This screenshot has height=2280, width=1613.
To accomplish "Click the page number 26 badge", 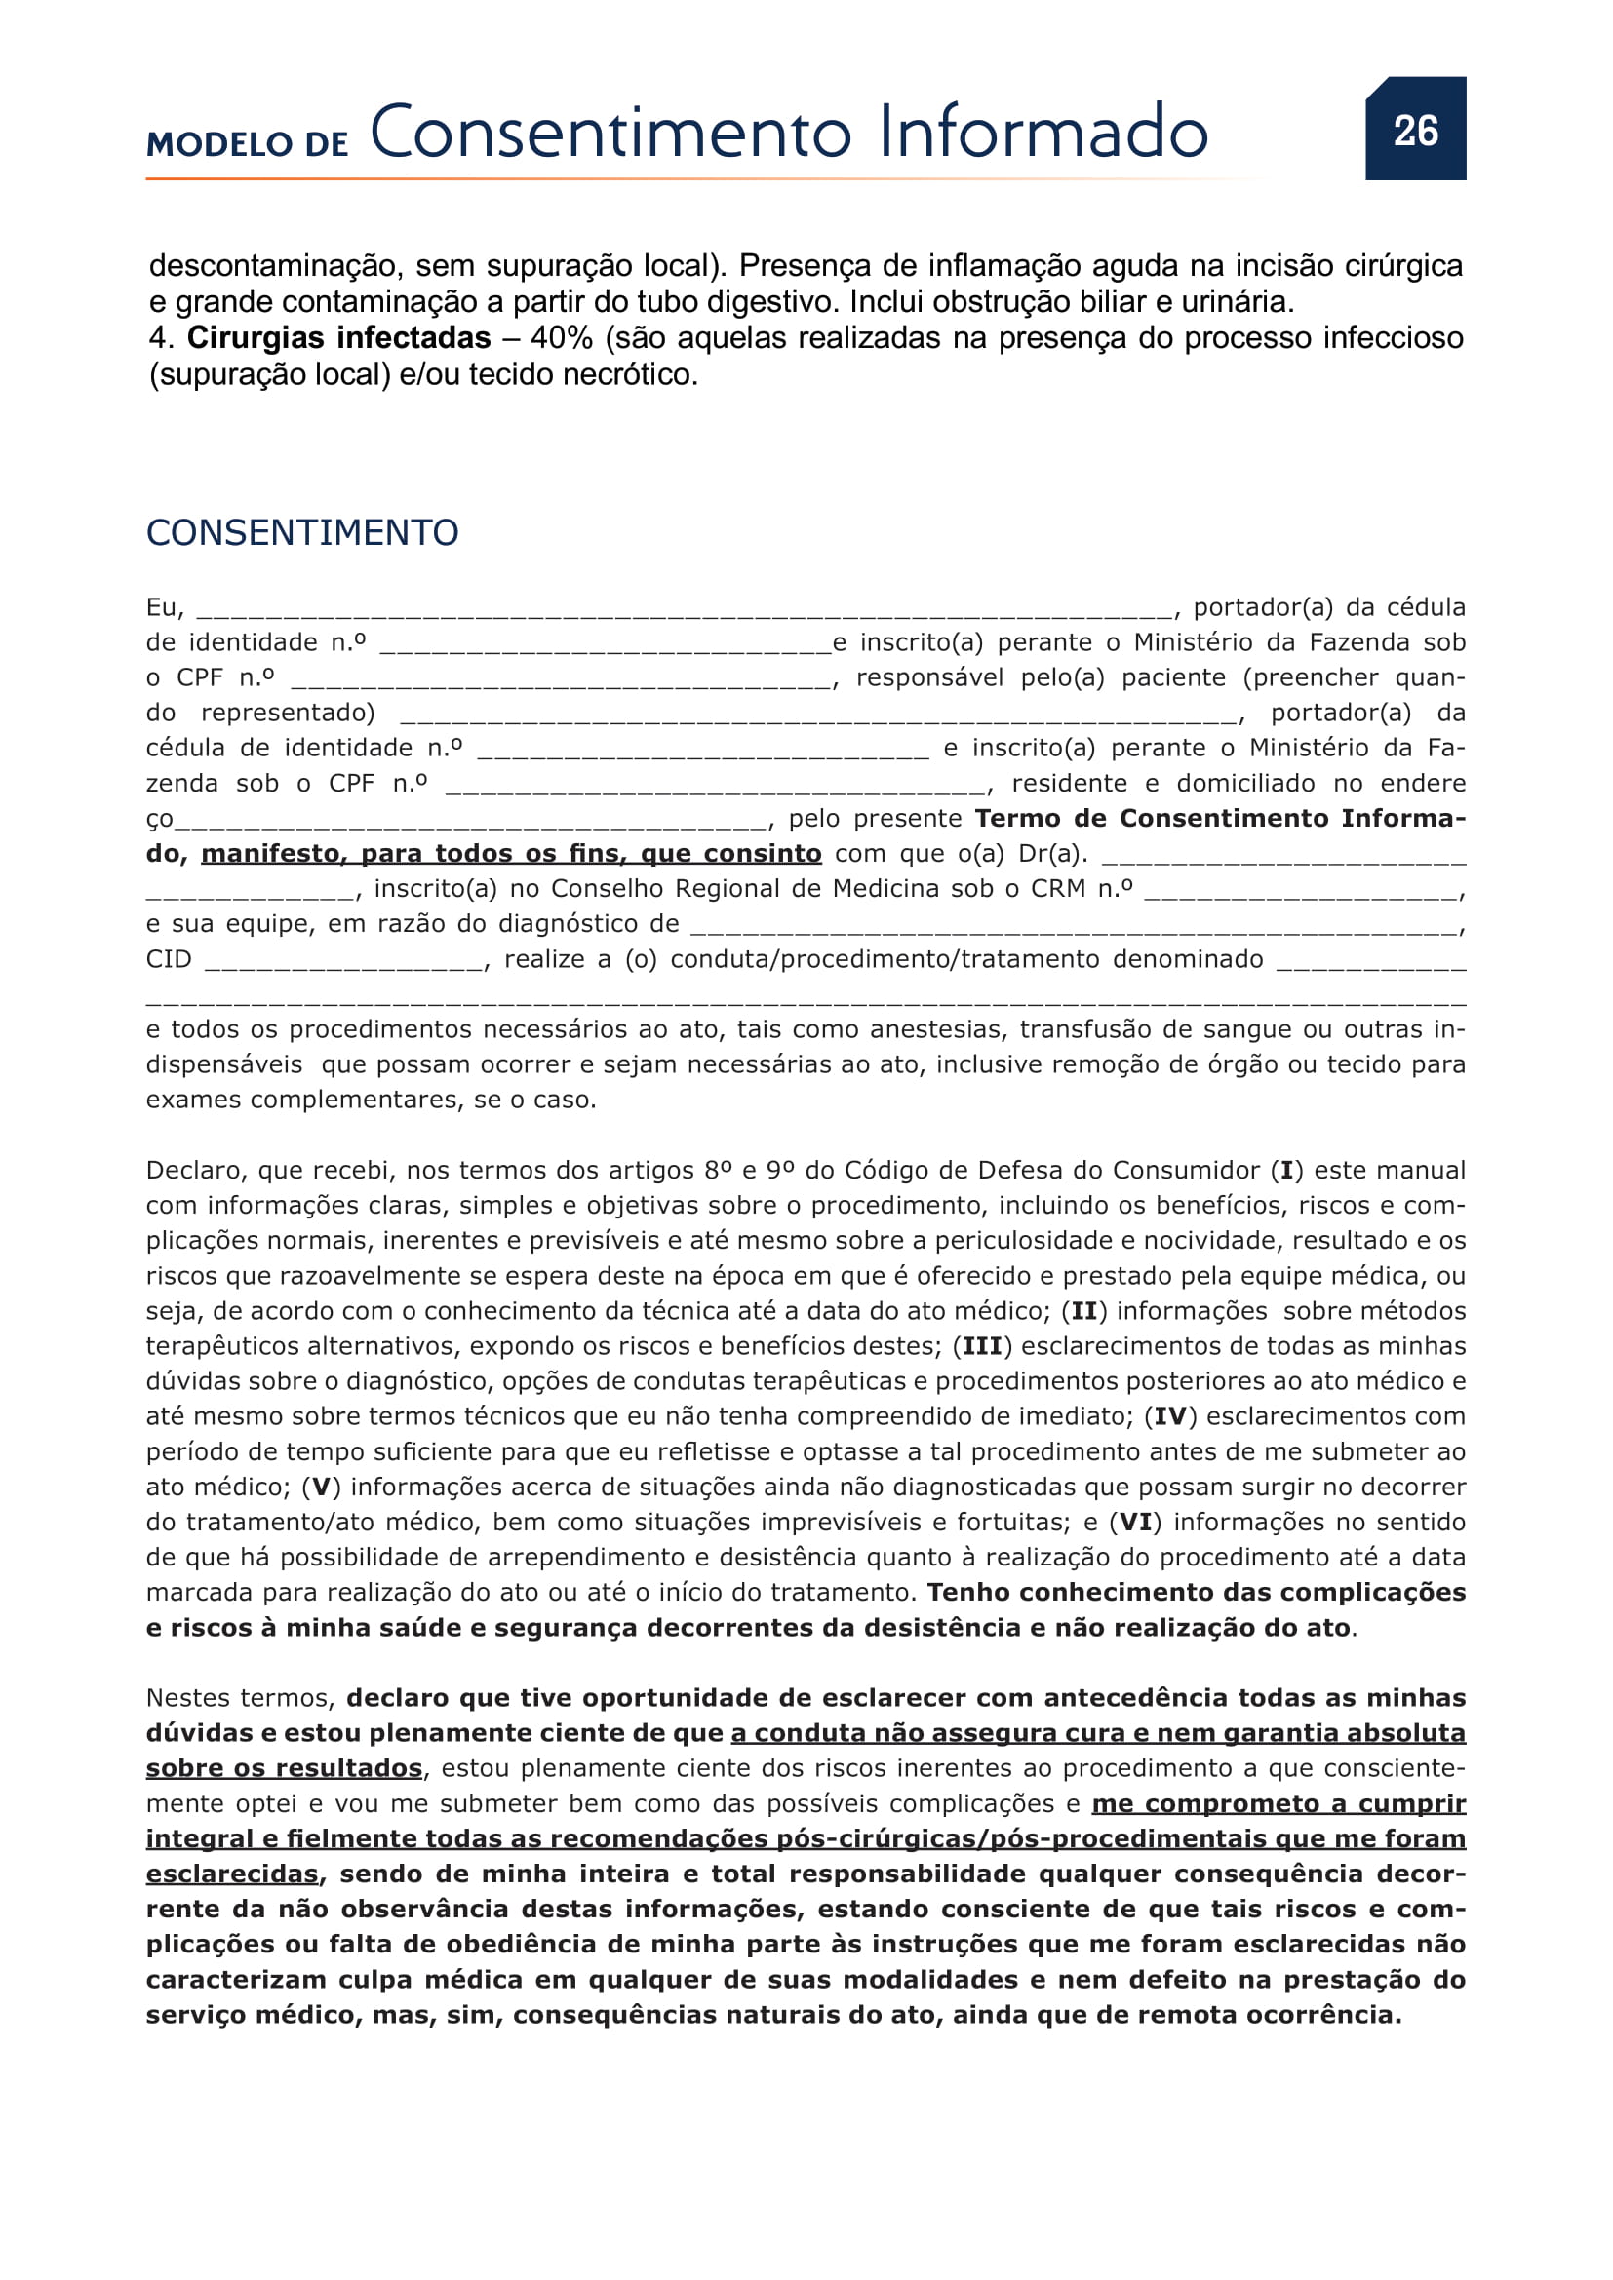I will pos(1414,130).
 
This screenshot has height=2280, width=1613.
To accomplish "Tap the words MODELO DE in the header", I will pos(248,145).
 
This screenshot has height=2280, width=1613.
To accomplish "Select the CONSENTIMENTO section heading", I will pos(302,533).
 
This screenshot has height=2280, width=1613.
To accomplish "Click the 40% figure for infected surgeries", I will pos(561,338).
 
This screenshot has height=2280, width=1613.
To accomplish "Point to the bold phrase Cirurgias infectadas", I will pos(338,338).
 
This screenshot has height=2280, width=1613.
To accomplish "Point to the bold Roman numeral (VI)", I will pos(1135,1523).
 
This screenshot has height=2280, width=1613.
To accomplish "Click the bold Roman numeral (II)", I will pos(1083,1311).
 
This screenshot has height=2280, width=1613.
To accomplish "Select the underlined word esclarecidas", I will pos(231,1874).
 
